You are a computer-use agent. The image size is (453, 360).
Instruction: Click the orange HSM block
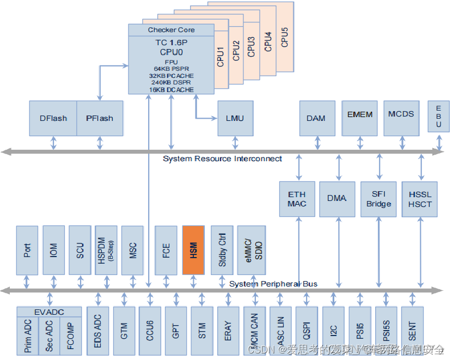(193, 251)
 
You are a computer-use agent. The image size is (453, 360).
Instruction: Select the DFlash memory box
(53, 118)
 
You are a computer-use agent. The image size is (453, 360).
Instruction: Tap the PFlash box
(100, 118)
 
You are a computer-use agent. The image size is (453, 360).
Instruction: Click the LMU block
(235, 118)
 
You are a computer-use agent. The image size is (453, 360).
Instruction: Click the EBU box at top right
(438, 117)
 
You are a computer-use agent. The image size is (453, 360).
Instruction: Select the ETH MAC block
(297, 199)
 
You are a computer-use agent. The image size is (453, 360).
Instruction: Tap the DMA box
(337, 199)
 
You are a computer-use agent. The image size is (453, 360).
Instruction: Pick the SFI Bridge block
(378, 199)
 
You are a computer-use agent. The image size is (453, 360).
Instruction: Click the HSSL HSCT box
(420, 199)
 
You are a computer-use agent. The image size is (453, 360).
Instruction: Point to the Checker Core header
(171, 30)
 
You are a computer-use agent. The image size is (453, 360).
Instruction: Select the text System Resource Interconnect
(222, 158)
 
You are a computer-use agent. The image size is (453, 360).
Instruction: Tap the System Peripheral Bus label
(273, 284)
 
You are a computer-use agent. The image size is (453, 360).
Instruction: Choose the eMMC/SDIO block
(252, 251)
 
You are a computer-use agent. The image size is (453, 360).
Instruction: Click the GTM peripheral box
(124, 331)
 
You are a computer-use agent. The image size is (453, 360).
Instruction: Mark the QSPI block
(307, 331)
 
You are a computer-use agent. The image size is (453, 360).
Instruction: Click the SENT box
(412, 331)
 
